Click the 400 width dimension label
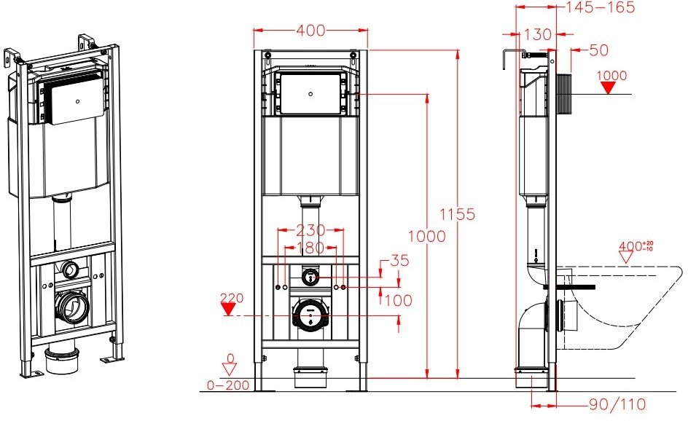click(x=310, y=31)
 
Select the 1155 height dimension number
click(x=457, y=214)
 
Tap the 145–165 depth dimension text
click(x=601, y=7)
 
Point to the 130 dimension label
click(x=537, y=34)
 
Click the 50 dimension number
click(x=598, y=50)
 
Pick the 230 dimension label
click(x=310, y=230)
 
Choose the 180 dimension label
click(x=310, y=248)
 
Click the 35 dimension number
click(x=399, y=261)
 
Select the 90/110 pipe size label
click(x=617, y=404)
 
